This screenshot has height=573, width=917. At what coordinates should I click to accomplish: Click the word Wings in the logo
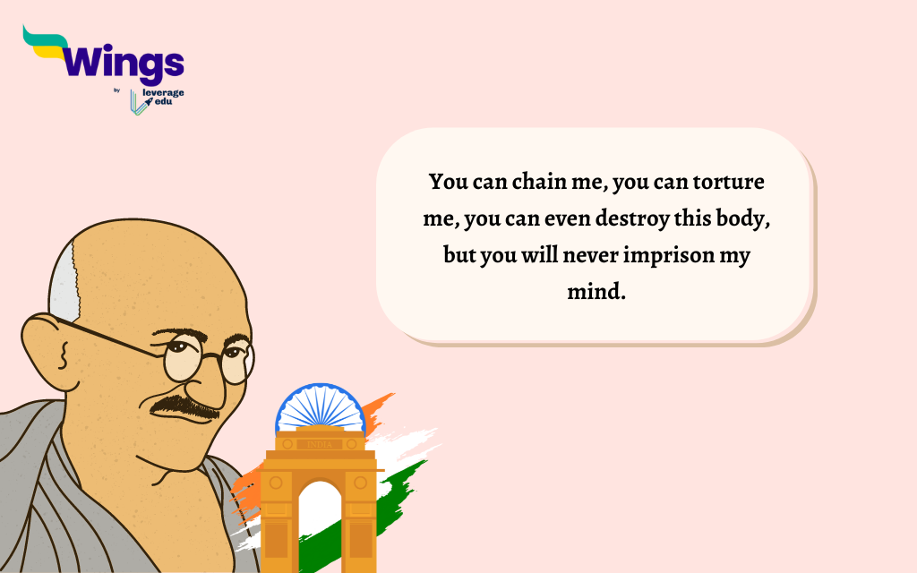125,64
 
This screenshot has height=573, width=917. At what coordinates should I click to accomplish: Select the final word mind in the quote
595,292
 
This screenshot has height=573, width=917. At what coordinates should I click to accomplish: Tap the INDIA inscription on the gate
319,444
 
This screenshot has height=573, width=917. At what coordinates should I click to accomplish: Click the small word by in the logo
117,90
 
